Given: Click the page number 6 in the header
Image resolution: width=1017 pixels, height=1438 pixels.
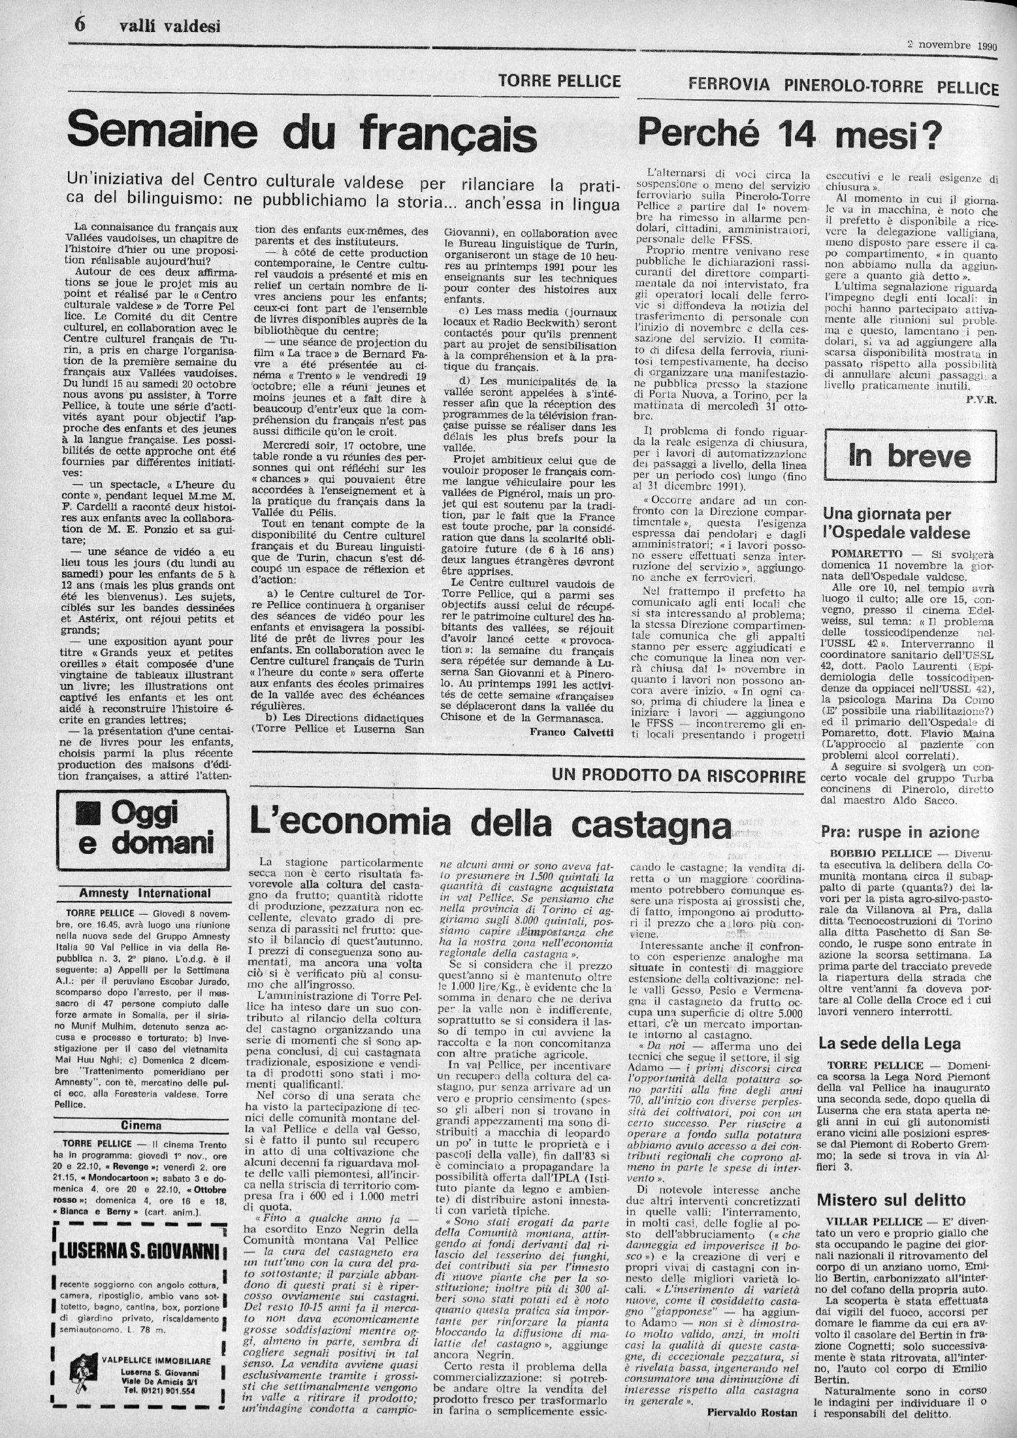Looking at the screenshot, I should point(80,25).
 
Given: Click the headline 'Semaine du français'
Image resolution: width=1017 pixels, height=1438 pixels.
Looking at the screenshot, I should point(302,133).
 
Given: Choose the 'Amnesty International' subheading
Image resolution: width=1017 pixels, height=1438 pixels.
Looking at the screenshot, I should point(145,892).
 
